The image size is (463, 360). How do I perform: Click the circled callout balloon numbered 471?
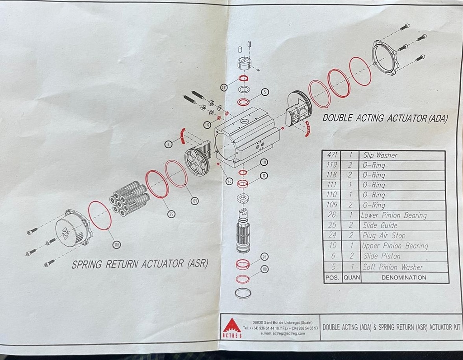pos(223,87)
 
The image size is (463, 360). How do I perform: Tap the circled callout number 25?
pos(171,214)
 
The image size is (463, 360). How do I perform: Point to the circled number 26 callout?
pos(265,257)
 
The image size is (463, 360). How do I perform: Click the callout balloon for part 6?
pos(169,144)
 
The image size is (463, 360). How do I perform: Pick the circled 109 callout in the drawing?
pos(194,201)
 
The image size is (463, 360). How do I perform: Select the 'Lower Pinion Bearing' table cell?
pos(393,215)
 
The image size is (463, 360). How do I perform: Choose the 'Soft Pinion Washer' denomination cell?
pos(392,267)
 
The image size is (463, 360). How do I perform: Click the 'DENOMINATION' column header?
pos(404,277)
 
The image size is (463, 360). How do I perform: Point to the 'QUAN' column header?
pos(351,277)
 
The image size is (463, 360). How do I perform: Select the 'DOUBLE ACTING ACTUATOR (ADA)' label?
pos(385,118)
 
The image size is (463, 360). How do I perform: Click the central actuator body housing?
pos(247,138)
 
